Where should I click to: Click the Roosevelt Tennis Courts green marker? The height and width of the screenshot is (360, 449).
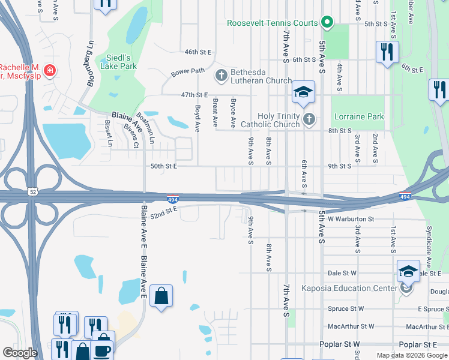(x=327, y=23)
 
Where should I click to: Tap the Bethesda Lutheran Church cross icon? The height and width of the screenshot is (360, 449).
(x=221, y=76)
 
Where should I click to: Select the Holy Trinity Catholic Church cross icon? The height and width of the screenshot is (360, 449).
(x=309, y=119)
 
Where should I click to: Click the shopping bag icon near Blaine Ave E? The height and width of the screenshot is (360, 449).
(x=161, y=296)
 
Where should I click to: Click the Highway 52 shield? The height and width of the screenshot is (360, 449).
(x=32, y=191)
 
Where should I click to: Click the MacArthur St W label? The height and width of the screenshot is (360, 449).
(x=351, y=326)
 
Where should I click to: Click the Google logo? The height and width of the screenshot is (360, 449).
(x=20, y=353)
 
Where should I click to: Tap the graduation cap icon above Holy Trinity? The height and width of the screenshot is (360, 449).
(x=304, y=92)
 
